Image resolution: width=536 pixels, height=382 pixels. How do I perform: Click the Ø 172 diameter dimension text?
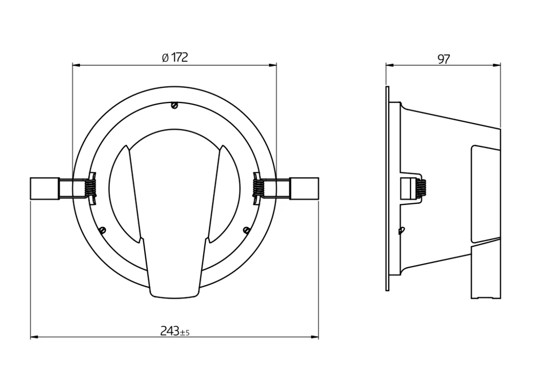click(175, 58)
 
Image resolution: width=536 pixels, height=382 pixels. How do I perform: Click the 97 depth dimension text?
click(443, 59)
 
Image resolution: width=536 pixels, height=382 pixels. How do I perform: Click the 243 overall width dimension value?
click(169, 331)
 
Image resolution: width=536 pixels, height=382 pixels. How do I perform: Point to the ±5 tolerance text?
click(184, 333)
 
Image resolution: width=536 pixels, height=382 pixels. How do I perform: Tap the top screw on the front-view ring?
click(174, 106)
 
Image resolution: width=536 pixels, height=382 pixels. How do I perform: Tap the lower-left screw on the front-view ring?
click(102, 230)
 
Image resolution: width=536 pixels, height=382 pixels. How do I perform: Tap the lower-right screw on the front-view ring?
click(247, 230)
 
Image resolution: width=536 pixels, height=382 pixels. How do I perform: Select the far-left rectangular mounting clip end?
click(44, 188)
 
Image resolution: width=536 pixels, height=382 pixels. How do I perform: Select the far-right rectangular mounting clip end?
click(304, 188)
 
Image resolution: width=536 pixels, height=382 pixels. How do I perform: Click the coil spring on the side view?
click(422, 188)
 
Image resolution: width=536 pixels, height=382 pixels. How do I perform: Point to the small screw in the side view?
click(401, 231)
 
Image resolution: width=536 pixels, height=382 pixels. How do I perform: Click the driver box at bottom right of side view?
click(486, 271)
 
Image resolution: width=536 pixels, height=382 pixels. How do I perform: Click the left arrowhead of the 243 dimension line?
click(33, 337)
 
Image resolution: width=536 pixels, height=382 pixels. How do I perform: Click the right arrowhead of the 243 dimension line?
click(316, 337)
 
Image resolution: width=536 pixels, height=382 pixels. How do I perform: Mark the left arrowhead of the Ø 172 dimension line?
click(76, 65)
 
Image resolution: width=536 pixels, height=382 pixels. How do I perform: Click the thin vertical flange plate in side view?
click(387, 188)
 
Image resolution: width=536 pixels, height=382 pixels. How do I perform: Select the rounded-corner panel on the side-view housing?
click(485, 193)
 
